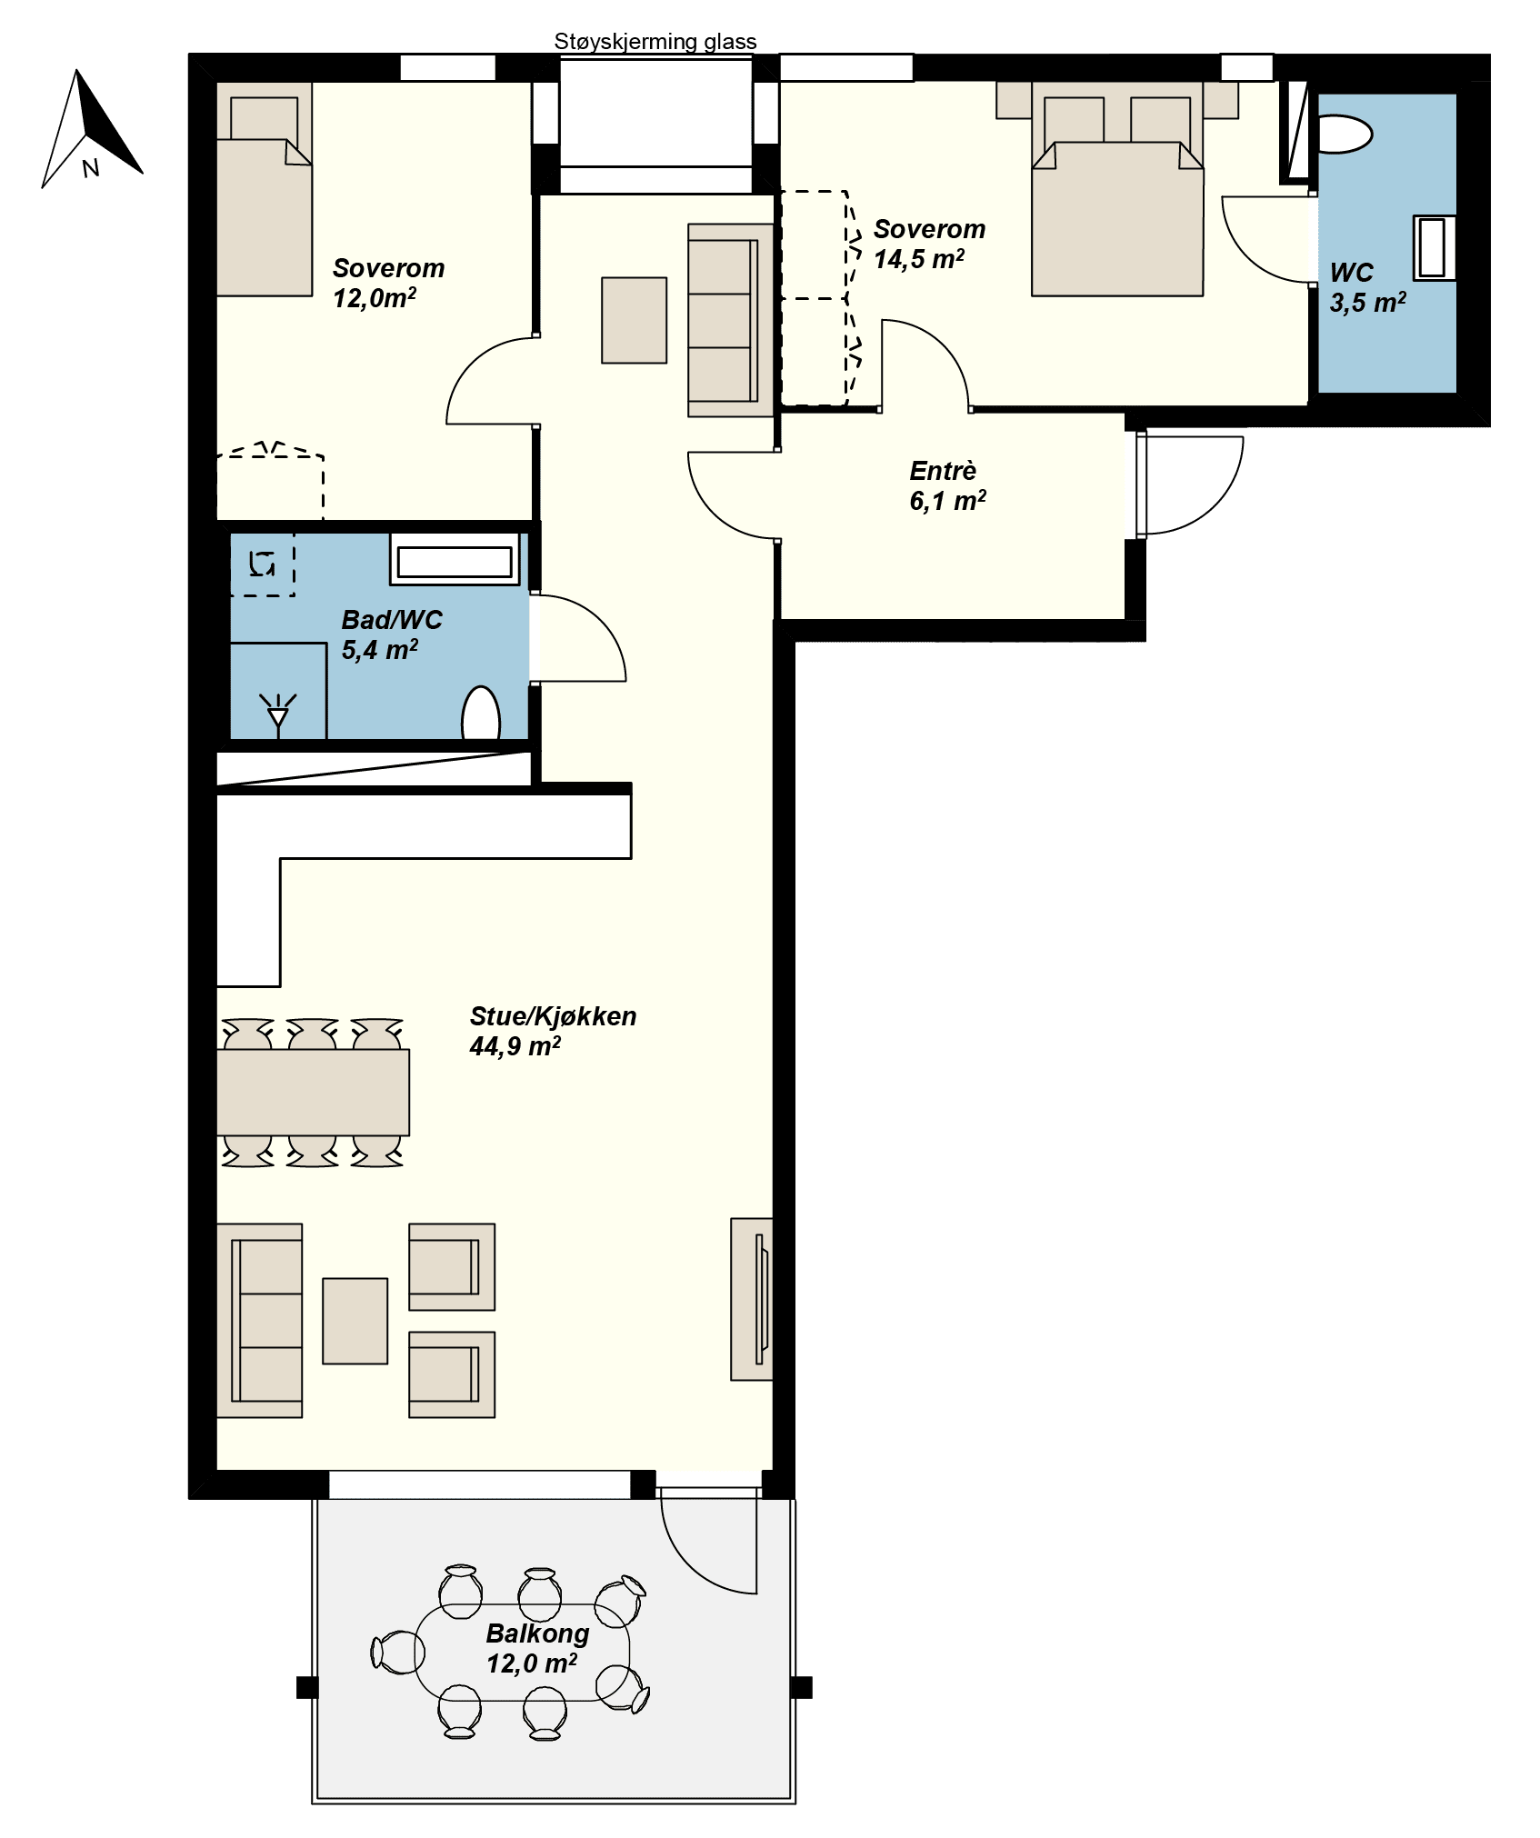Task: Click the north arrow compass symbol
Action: (x=92, y=129)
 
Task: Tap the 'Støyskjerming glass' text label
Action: (x=655, y=42)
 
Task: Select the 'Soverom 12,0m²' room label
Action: (x=388, y=283)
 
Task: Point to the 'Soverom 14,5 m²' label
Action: (x=929, y=244)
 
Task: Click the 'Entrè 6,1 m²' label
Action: (x=947, y=485)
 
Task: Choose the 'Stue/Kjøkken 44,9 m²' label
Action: (x=553, y=1031)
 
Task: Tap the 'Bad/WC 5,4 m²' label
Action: (x=392, y=634)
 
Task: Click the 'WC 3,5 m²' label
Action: (x=1367, y=287)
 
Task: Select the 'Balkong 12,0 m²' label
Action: (x=537, y=1648)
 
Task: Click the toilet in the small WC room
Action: (x=1344, y=135)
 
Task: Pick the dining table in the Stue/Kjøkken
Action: (x=314, y=1093)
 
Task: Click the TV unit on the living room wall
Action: (x=753, y=1299)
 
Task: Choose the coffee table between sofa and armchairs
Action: (x=355, y=1321)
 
